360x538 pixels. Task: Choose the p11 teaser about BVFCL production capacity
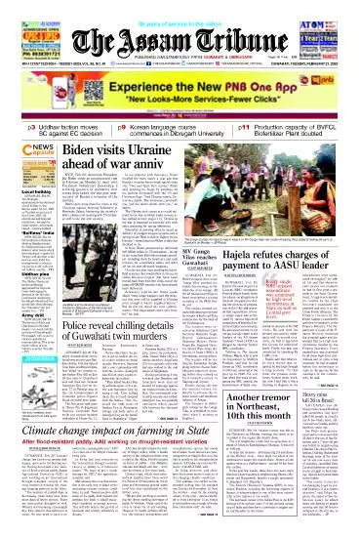click(293, 130)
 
